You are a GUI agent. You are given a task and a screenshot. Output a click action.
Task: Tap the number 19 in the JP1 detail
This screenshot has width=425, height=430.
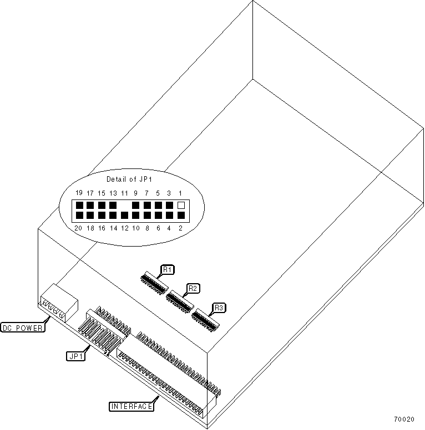[x=79, y=193]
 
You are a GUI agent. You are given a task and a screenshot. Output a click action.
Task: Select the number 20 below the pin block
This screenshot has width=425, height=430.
[x=79, y=227]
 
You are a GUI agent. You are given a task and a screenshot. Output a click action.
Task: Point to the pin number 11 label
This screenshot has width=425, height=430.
[x=124, y=193]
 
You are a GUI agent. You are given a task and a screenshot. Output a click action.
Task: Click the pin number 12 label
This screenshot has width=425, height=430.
[x=124, y=227]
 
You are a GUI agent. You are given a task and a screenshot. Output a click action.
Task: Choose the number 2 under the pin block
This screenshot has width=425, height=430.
[x=181, y=227]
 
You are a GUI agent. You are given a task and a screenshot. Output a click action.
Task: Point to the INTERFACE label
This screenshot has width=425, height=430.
[x=131, y=406]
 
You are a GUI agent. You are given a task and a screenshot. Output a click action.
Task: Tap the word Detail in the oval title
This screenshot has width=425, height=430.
[x=116, y=179]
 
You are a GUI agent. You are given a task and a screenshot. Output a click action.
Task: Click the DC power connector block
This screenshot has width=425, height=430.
[x=58, y=302]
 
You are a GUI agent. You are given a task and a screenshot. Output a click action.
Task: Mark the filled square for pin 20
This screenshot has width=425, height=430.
[x=79, y=215]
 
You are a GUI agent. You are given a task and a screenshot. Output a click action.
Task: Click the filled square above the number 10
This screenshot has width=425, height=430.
[x=135, y=215]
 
